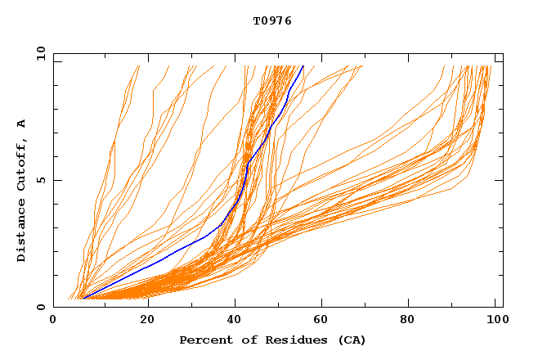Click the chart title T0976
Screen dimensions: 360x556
coord(272,20)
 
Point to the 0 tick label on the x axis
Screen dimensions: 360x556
coord(53,320)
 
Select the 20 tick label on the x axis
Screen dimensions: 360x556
coord(147,320)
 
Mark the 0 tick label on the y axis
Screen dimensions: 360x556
coord(40,307)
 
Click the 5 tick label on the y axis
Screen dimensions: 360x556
coord(40,180)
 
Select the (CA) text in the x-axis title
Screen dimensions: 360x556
coord(349,340)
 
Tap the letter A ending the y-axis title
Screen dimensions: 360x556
coord(21,124)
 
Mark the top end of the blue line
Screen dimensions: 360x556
coord(303,66)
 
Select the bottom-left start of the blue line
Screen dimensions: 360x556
coord(83,298)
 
